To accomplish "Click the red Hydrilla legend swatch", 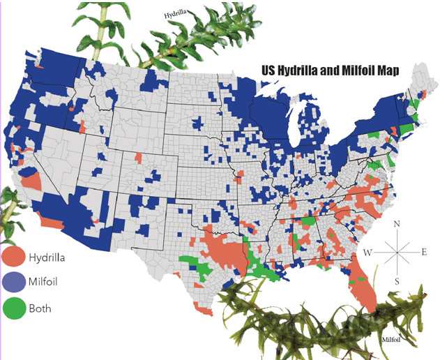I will [x=13, y=257].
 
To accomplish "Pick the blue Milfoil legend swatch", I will [x=13, y=282].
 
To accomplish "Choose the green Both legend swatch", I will [x=13, y=307].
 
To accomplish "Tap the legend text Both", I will [x=40, y=308].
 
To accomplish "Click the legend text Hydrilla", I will [x=47, y=257].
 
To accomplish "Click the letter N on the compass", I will [x=397, y=225].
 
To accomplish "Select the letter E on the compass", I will [x=424, y=252].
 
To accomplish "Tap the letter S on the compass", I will [x=397, y=280].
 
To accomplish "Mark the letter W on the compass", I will [x=368, y=252].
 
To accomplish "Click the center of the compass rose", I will [x=397, y=252].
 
